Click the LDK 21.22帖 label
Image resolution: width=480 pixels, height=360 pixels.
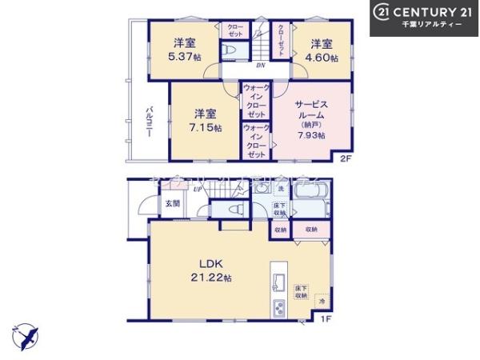tap(211, 270)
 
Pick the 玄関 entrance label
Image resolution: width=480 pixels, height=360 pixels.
tap(173, 204)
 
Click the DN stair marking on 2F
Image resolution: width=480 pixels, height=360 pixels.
tap(261, 66)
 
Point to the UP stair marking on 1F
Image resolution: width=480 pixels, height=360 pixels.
tap(196, 190)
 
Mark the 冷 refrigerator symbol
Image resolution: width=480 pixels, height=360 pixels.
tap(320, 302)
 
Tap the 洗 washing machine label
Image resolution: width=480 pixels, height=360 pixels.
tap(281, 189)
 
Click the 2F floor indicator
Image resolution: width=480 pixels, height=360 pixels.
tap(346, 158)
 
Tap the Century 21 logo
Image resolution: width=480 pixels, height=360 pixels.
tap(424, 17)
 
